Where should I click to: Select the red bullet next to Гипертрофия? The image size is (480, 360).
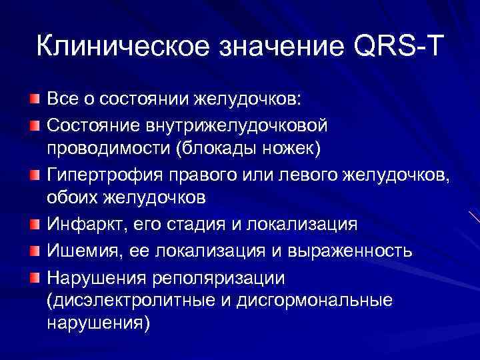click(x=34, y=175)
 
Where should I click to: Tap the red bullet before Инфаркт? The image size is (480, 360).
click(x=34, y=225)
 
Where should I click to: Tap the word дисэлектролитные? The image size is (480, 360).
click(x=127, y=301)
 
